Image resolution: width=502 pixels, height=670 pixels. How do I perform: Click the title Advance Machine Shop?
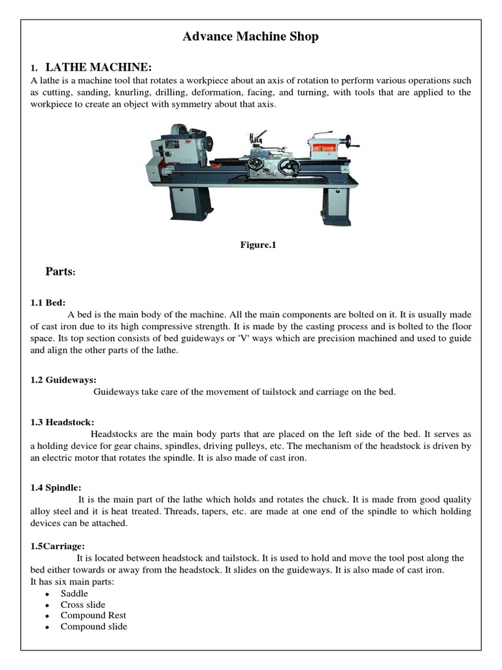coord(251,37)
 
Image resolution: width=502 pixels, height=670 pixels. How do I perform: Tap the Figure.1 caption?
coord(250,245)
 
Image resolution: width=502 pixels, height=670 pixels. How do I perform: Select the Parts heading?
coord(61,271)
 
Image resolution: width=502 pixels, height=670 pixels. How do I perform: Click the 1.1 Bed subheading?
coord(46,304)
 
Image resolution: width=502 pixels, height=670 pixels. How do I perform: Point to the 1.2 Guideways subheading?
coord(63,379)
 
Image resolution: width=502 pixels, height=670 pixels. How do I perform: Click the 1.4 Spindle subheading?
coord(56,487)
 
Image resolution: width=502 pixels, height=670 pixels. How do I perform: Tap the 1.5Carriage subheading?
coord(58,546)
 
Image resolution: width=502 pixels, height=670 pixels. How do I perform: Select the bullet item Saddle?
coord(75,593)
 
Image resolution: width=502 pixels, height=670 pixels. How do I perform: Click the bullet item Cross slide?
coord(83,605)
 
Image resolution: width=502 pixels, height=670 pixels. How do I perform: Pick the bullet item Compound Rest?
coord(93,616)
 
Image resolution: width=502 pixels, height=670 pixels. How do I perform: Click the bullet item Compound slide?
coord(94,627)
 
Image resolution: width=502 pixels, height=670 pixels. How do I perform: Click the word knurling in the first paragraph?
coord(142,92)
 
